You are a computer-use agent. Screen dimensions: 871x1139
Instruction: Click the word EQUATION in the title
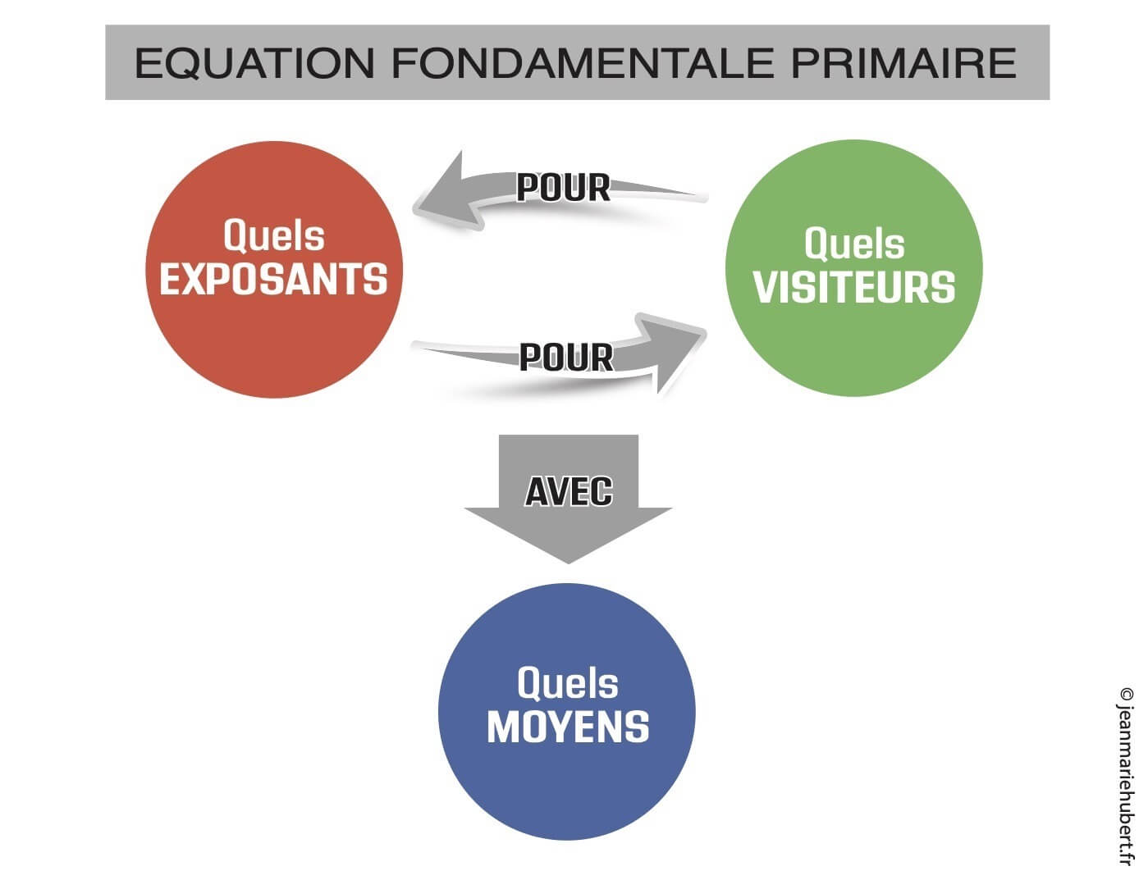point(254,63)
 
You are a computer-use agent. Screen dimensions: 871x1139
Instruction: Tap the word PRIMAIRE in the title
point(903,63)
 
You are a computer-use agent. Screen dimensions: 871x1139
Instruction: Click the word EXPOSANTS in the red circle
point(273,280)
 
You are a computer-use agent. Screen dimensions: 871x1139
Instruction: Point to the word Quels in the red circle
point(273,236)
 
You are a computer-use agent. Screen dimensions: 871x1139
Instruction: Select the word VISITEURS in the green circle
point(854,287)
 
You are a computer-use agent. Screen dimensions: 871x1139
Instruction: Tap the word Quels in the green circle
point(854,244)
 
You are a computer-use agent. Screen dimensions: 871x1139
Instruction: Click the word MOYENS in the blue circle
point(568,727)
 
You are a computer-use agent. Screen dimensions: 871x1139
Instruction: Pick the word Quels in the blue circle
point(568,683)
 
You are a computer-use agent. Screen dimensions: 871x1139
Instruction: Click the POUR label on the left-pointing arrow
point(563,188)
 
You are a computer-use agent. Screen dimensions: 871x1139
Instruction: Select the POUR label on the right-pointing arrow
point(566,358)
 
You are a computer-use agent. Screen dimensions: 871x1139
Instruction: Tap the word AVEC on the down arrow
point(569,491)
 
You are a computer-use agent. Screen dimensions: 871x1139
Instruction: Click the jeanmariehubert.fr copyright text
point(1126,787)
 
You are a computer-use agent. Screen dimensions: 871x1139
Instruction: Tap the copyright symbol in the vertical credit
point(1126,694)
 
